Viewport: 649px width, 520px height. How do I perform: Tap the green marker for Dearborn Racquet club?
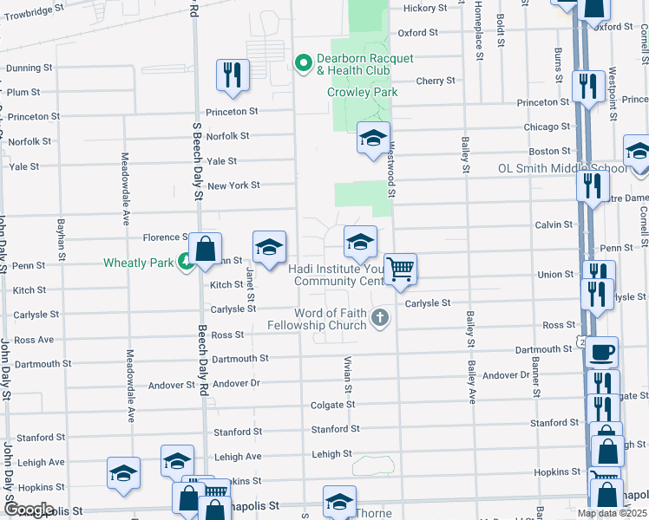(x=304, y=62)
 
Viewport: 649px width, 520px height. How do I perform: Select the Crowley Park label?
(x=361, y=92)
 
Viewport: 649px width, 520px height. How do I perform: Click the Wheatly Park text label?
(x=138, y=263)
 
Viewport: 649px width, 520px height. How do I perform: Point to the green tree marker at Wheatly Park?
(x=185, y=262)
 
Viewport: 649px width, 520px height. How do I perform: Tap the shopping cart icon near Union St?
(x=400, y=270)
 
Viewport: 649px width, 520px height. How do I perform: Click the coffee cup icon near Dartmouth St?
(x=602, y=352)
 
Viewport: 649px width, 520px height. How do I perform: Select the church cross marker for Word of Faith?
(x=379, y=319)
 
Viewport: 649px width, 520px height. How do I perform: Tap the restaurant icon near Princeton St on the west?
(x=233, y=75)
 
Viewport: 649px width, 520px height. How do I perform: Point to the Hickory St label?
(x=426, y=8)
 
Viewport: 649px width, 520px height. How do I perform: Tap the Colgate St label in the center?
(x=333, y=405)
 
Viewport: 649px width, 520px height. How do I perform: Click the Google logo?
(x=29, y=510)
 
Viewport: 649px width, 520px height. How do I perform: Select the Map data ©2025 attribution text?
(x=613, y=513)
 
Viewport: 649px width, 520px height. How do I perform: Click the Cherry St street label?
(x=435, y=81)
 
